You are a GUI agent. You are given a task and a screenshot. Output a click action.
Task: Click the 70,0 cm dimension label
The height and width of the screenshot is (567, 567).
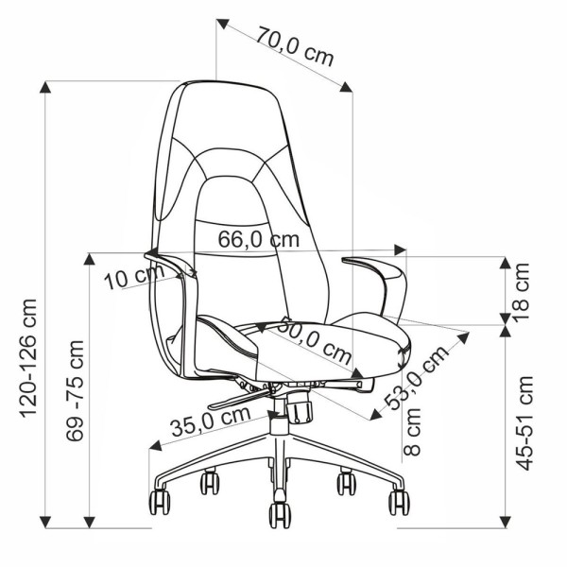click(x=294, y=47)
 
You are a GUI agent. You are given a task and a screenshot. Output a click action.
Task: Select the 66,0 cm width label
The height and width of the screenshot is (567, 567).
click(x=259, y=239)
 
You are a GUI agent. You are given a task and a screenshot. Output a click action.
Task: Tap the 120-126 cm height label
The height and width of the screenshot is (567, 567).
click(x=29, y=358)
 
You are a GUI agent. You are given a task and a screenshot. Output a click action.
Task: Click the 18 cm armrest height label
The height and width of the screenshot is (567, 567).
click(x=521, y=292)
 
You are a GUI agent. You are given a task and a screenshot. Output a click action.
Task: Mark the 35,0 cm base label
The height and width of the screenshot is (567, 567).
click(x=211, y=421)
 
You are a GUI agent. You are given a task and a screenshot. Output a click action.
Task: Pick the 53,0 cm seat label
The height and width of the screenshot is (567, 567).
click(x=416, y=378)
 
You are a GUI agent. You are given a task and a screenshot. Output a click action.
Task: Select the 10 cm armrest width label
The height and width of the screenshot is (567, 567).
click(x=134, y=277)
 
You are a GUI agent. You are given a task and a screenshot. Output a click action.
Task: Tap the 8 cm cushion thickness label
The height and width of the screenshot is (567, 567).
click(x=412, y=432)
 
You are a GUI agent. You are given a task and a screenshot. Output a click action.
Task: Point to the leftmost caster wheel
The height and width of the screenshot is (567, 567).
click(x=160, y=503)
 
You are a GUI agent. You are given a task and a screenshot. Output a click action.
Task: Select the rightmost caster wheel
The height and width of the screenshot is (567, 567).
click(x=399, y=503)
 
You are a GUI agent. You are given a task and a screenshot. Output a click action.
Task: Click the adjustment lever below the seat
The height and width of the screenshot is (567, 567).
click(x=239, y=400)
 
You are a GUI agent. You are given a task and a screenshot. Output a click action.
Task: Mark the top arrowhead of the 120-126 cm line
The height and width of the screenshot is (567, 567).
click(x=44, y=87)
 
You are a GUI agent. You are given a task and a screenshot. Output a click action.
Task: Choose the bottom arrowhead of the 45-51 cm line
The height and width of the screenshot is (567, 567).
click(x=506, y=522)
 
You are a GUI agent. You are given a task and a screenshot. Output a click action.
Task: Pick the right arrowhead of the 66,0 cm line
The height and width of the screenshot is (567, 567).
click(x=400, y=249)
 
